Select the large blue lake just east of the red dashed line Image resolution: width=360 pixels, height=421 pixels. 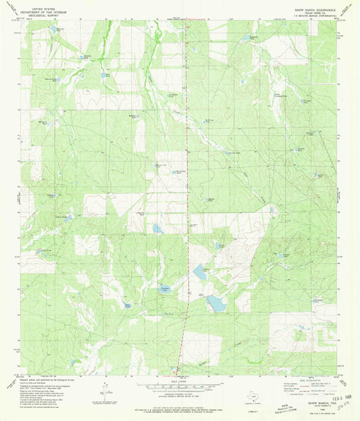(x=200, y=272)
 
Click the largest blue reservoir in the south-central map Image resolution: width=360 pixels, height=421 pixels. (x=216, y=303)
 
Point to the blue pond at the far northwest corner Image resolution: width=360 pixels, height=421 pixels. (x=54, y=30)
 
